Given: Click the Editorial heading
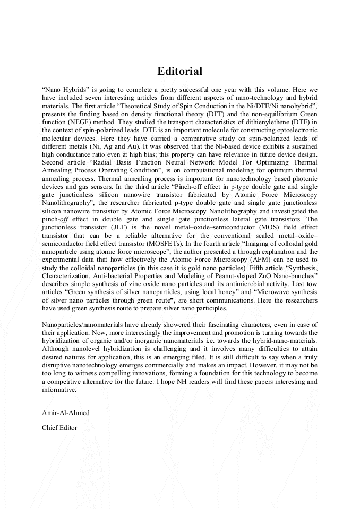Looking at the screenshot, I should click(179, 71).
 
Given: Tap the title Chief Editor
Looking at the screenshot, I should click(59, 427).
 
